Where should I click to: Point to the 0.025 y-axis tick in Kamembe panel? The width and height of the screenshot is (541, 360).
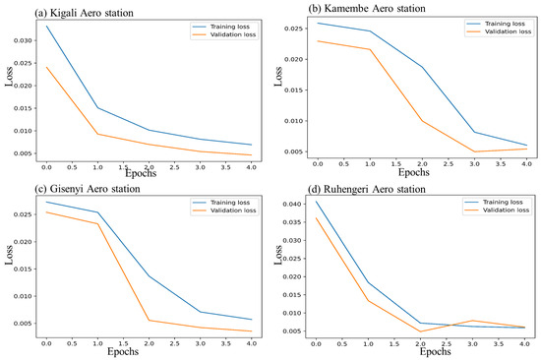pyautogui.click(x=295, y=29)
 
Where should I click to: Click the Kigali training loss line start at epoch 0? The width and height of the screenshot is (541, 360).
pyautogui.click(x=45, y=26)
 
